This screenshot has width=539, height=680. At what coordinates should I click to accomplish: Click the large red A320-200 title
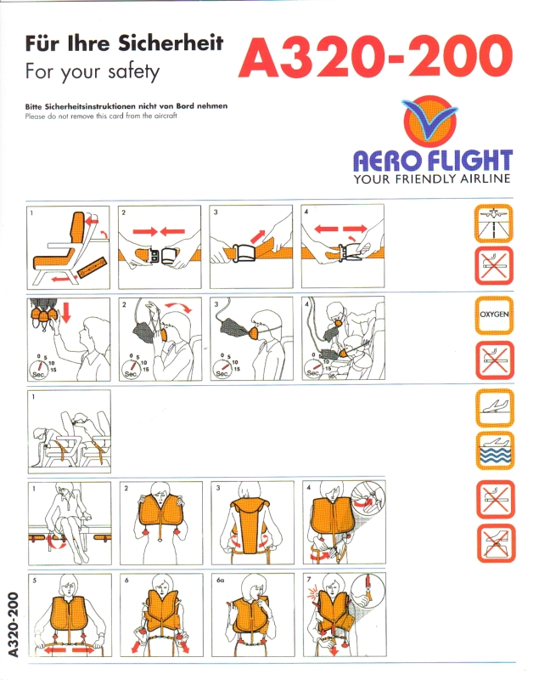[x=375, y=56]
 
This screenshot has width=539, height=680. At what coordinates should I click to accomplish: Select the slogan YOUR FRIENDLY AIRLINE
[x=432, y=178]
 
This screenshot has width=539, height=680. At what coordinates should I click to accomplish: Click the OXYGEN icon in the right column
[x=494, y=314]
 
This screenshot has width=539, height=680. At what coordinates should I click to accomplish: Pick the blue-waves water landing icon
[x=495, y=450]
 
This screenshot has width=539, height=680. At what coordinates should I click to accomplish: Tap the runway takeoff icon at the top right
[x=493, y=224]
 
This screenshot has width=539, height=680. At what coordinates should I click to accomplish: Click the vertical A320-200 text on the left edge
[x=13, y=625]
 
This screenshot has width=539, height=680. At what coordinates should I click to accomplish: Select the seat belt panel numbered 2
[x=160, y=247]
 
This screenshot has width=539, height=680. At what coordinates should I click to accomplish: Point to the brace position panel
[x=70, y=431]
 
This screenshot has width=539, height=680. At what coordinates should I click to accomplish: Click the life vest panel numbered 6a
[x=253, y=615]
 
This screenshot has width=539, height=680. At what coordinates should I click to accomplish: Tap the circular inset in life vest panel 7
[x=368, y=590]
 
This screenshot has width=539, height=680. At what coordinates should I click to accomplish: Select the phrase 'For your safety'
[x=93, y=71]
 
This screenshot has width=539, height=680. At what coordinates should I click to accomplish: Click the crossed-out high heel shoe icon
[x=497, y=543]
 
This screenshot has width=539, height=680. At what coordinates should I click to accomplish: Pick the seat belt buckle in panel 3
[x=245, y=252]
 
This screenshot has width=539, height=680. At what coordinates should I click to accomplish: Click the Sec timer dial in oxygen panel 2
[x=132, y=369]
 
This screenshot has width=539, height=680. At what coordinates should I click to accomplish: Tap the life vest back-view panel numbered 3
[x=252, y=523]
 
